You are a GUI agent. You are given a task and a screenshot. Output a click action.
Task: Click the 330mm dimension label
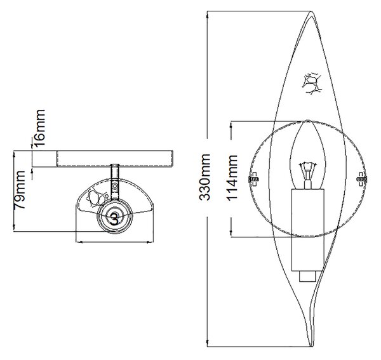coord(204,177)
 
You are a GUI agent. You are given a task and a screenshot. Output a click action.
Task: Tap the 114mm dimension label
coord(232,178)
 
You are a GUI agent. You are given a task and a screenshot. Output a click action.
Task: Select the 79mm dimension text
coord(20,190)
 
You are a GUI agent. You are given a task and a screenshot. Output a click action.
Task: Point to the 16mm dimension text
coord(39,128)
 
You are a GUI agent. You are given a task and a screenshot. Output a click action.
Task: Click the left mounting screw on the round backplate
coord(253,179)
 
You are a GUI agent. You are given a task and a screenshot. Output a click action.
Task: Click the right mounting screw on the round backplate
coord(362,179)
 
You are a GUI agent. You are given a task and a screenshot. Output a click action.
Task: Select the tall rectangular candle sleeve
coord(308,230)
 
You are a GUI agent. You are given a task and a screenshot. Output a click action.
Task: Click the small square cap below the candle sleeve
coord(308,276)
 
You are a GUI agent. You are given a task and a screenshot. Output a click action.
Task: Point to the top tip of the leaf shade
coord(311,11)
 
